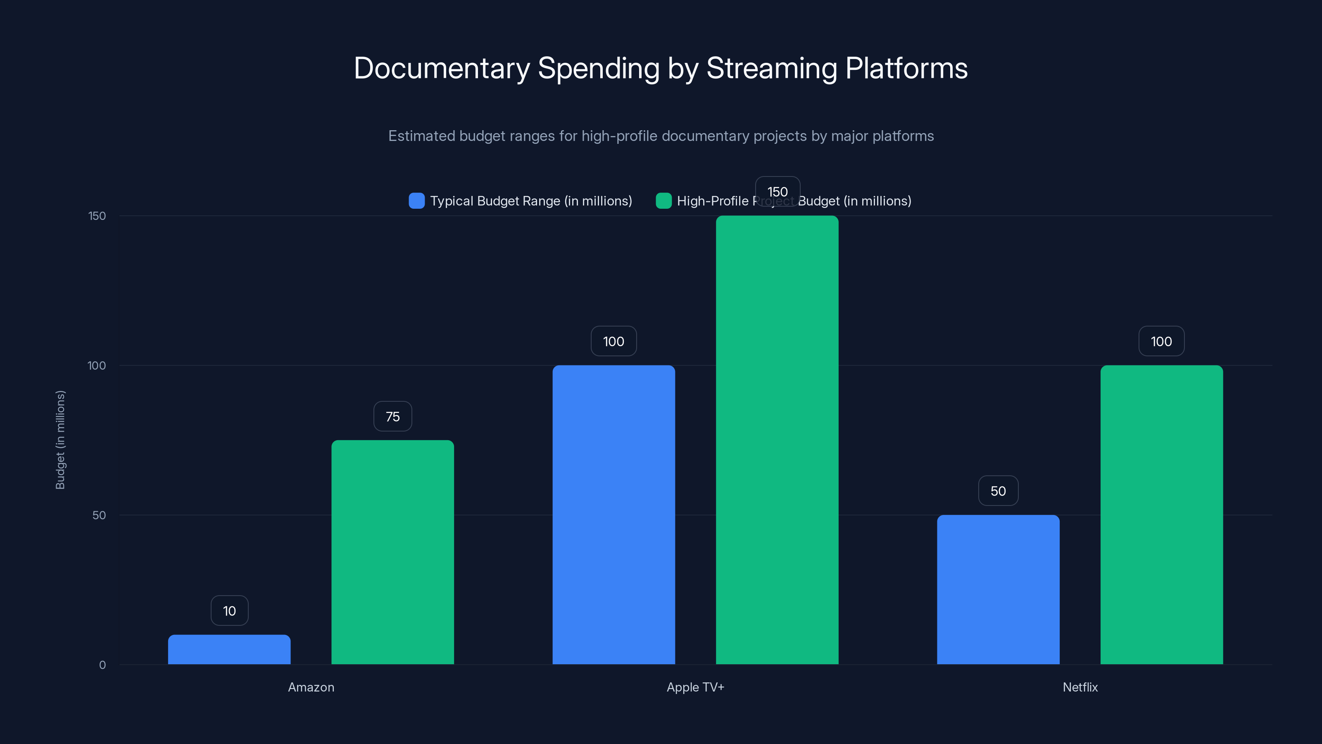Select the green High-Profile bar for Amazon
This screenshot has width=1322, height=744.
pyautogui.click(x=392, y=552)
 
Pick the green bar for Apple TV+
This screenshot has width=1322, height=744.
pyautogui.click(x=777, y=440)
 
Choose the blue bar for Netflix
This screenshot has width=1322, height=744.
pyautogui.click(x=998, y=589)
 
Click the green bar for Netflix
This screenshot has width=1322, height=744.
pyautogui.click(x=1161, y=515)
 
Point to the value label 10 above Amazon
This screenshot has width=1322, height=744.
pyautogui.click(x=229, y=610)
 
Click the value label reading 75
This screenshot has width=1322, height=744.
pyautogui.click(x=392, y=416)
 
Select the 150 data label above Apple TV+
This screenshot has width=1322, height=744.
pyautogui.click(x=777, y=191)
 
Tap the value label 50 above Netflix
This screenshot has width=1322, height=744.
pyautogui.click(x=998, y=491)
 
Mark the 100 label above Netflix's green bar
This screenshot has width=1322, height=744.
pyautogui.click(x=1161, y=341)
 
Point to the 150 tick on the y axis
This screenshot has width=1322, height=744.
pyautogui.click(x=97, y=216)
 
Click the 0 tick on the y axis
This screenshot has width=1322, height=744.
pyautogui.click(x=102, y=665)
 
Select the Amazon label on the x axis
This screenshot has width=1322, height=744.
pyautogui.click(x=311, y=687)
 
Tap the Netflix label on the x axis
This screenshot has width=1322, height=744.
pyautogui.click(x=1080, y=687)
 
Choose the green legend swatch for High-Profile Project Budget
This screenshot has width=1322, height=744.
pyautogui.click(x=663, y=201)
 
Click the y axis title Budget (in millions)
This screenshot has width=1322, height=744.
pyautogui.click(x=60, y=440)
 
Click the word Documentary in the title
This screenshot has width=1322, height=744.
pyautogui.click(x=441, y=68)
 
